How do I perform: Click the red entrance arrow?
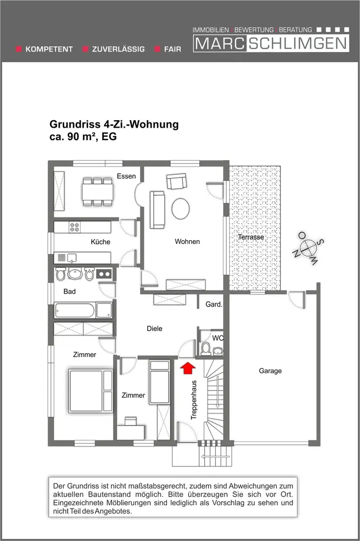point(187,368)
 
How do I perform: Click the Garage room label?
point(270,371)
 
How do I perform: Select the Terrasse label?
point(251,237)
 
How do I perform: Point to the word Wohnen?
point(187,241)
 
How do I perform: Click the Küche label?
point(101,242)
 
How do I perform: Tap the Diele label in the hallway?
point(155,328)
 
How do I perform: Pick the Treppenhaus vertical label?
point(194,400)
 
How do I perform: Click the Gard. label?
point(214,305)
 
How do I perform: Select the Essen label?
point(126,176)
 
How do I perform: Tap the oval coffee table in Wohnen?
point(181,208)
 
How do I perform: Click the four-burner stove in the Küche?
point(75,228)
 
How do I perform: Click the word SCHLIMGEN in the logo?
point(298,44)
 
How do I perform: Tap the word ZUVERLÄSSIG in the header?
point(118,49)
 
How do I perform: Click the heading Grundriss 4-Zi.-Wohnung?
point(114,125)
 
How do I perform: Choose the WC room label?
point(218,338)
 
